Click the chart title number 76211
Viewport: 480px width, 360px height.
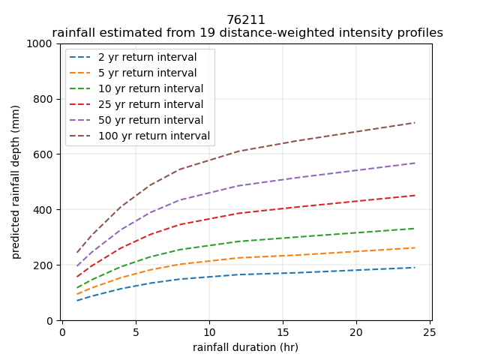(246, 20)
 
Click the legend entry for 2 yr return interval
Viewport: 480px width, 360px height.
(147, 58)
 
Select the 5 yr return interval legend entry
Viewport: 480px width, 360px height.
(147, 73)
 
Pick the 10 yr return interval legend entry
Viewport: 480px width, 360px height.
(150, 89)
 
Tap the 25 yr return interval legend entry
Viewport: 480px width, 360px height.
(150, 105)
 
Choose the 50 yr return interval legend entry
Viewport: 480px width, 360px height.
(150, 121)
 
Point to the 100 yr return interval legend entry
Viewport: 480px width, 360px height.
(153, 136)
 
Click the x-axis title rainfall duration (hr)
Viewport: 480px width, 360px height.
(246, 347)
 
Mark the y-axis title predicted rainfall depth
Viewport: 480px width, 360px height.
(16, 182)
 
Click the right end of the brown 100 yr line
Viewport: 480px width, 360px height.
(415, 122)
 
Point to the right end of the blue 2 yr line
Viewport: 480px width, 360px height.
(415, 268)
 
